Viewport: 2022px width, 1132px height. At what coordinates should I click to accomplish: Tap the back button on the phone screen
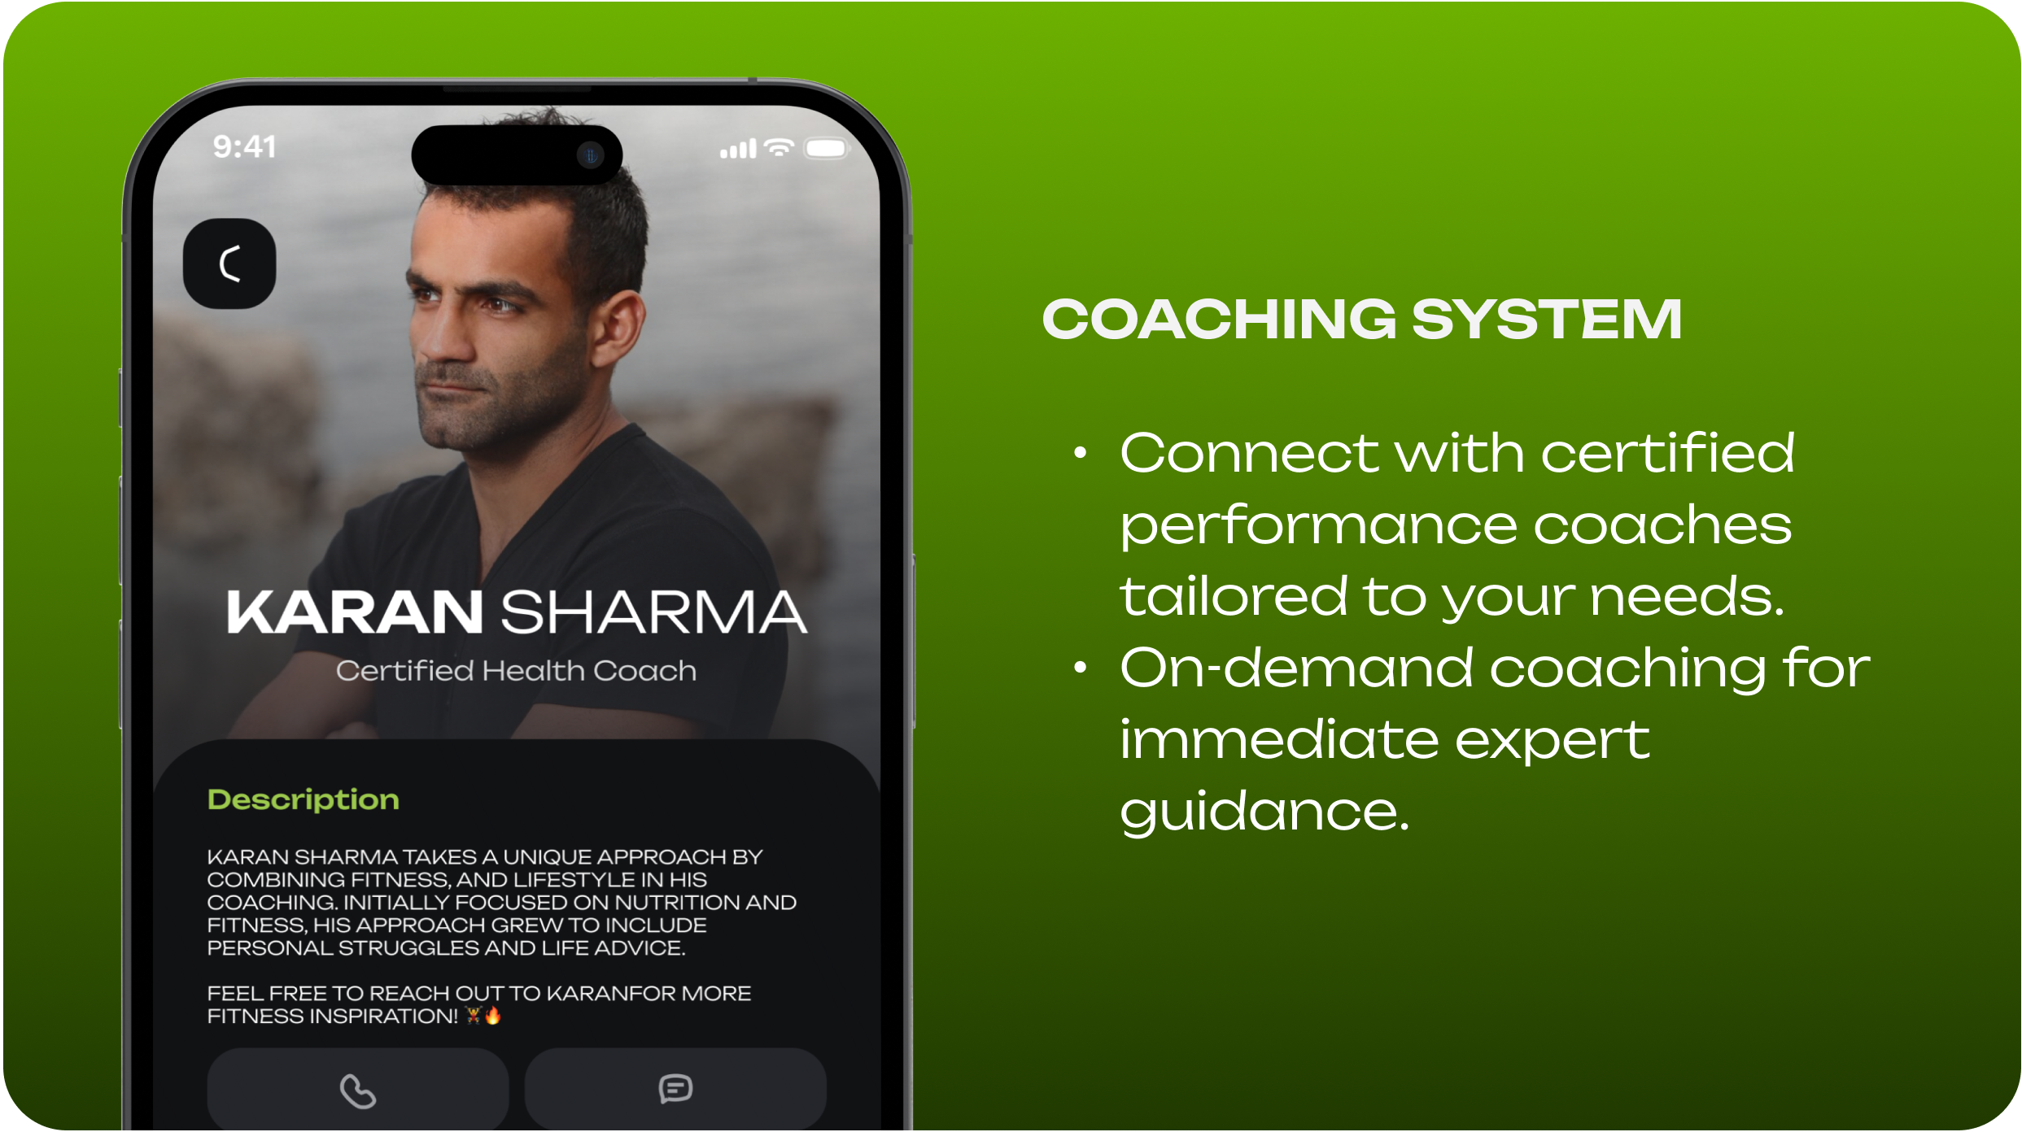pyautogui.click(x=229, y=263)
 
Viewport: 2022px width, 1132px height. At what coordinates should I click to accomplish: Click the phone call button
pyautogui.click(x=358, y=1089)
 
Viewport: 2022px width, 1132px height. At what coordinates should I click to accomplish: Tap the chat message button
pyautogui.click(x=675, y=1089)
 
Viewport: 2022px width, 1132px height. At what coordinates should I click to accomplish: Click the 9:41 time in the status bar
pyautogui.click(x=244, y=147)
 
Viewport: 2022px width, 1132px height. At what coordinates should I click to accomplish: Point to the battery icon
pyautogui.click(x=827, y=148)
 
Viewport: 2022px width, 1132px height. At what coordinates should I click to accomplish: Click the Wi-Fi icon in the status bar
pyautogui.click(x=780, y=148)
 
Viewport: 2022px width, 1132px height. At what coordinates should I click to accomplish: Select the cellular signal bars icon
pyautogui.click(x=738, y=149)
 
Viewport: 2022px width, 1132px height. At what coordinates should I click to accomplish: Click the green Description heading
pyautogui.click(x=304, y=800)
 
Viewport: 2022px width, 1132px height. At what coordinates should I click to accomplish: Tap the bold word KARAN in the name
pyautogui.click(x=355, y=612)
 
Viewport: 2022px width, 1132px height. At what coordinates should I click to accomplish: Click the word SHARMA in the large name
pyautogui.click(x=654, y=612)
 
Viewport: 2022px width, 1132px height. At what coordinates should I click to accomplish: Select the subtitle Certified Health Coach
pyautogui.click(x=517, y=671)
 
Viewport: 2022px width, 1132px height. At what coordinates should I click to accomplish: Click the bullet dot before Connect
pyautogui.click(x=1080, y=452)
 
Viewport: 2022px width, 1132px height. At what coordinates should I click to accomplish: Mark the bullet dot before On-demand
pyautogui.click(x=1080, y=668)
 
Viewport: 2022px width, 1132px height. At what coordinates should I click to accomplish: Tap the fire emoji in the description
pyautogui.click(x=493, y=1015)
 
